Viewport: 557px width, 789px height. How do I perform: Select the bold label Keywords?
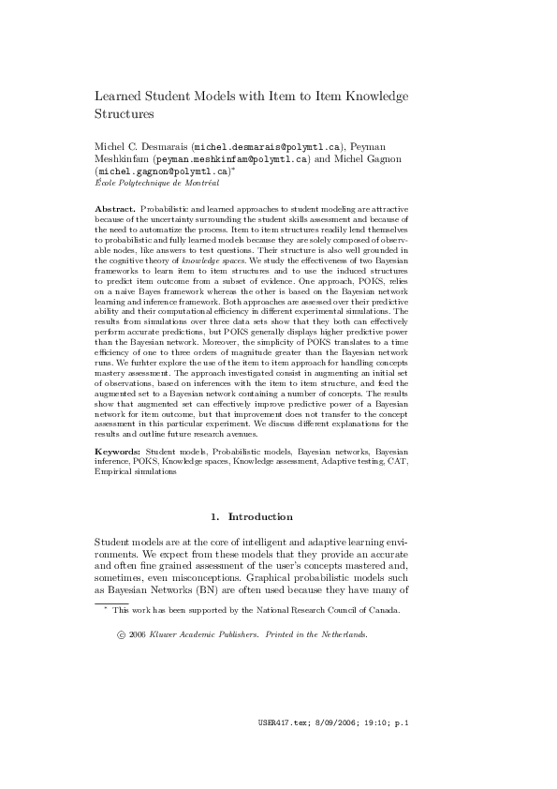click(119, 453)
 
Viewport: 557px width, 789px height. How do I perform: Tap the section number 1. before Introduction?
click(215, 516)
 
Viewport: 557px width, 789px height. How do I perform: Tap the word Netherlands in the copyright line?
click(341, 634)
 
